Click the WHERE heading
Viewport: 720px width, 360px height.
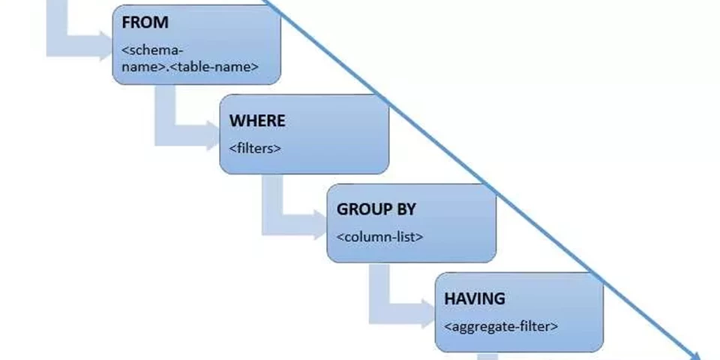tap(257, 121)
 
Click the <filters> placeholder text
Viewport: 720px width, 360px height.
tap(255, 148)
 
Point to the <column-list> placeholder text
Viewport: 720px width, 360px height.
tap(379, 237)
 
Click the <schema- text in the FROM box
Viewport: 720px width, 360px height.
tap(151, 51)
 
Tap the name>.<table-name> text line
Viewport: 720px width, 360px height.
tap(189, 66)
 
